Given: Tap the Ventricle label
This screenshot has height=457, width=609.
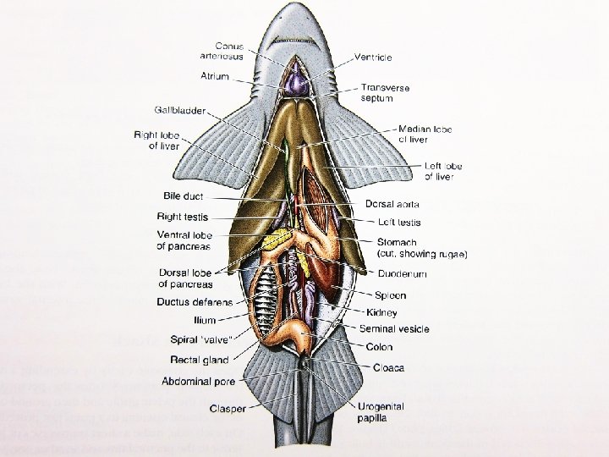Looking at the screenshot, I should coord(372,57).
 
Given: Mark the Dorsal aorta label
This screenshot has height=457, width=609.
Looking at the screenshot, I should coord(392,204).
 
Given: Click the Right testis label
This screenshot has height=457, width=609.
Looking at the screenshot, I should coord(183,217).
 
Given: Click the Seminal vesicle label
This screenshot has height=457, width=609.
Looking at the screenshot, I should coord(394,328).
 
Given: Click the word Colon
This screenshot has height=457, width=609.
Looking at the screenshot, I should coord(379,347).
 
